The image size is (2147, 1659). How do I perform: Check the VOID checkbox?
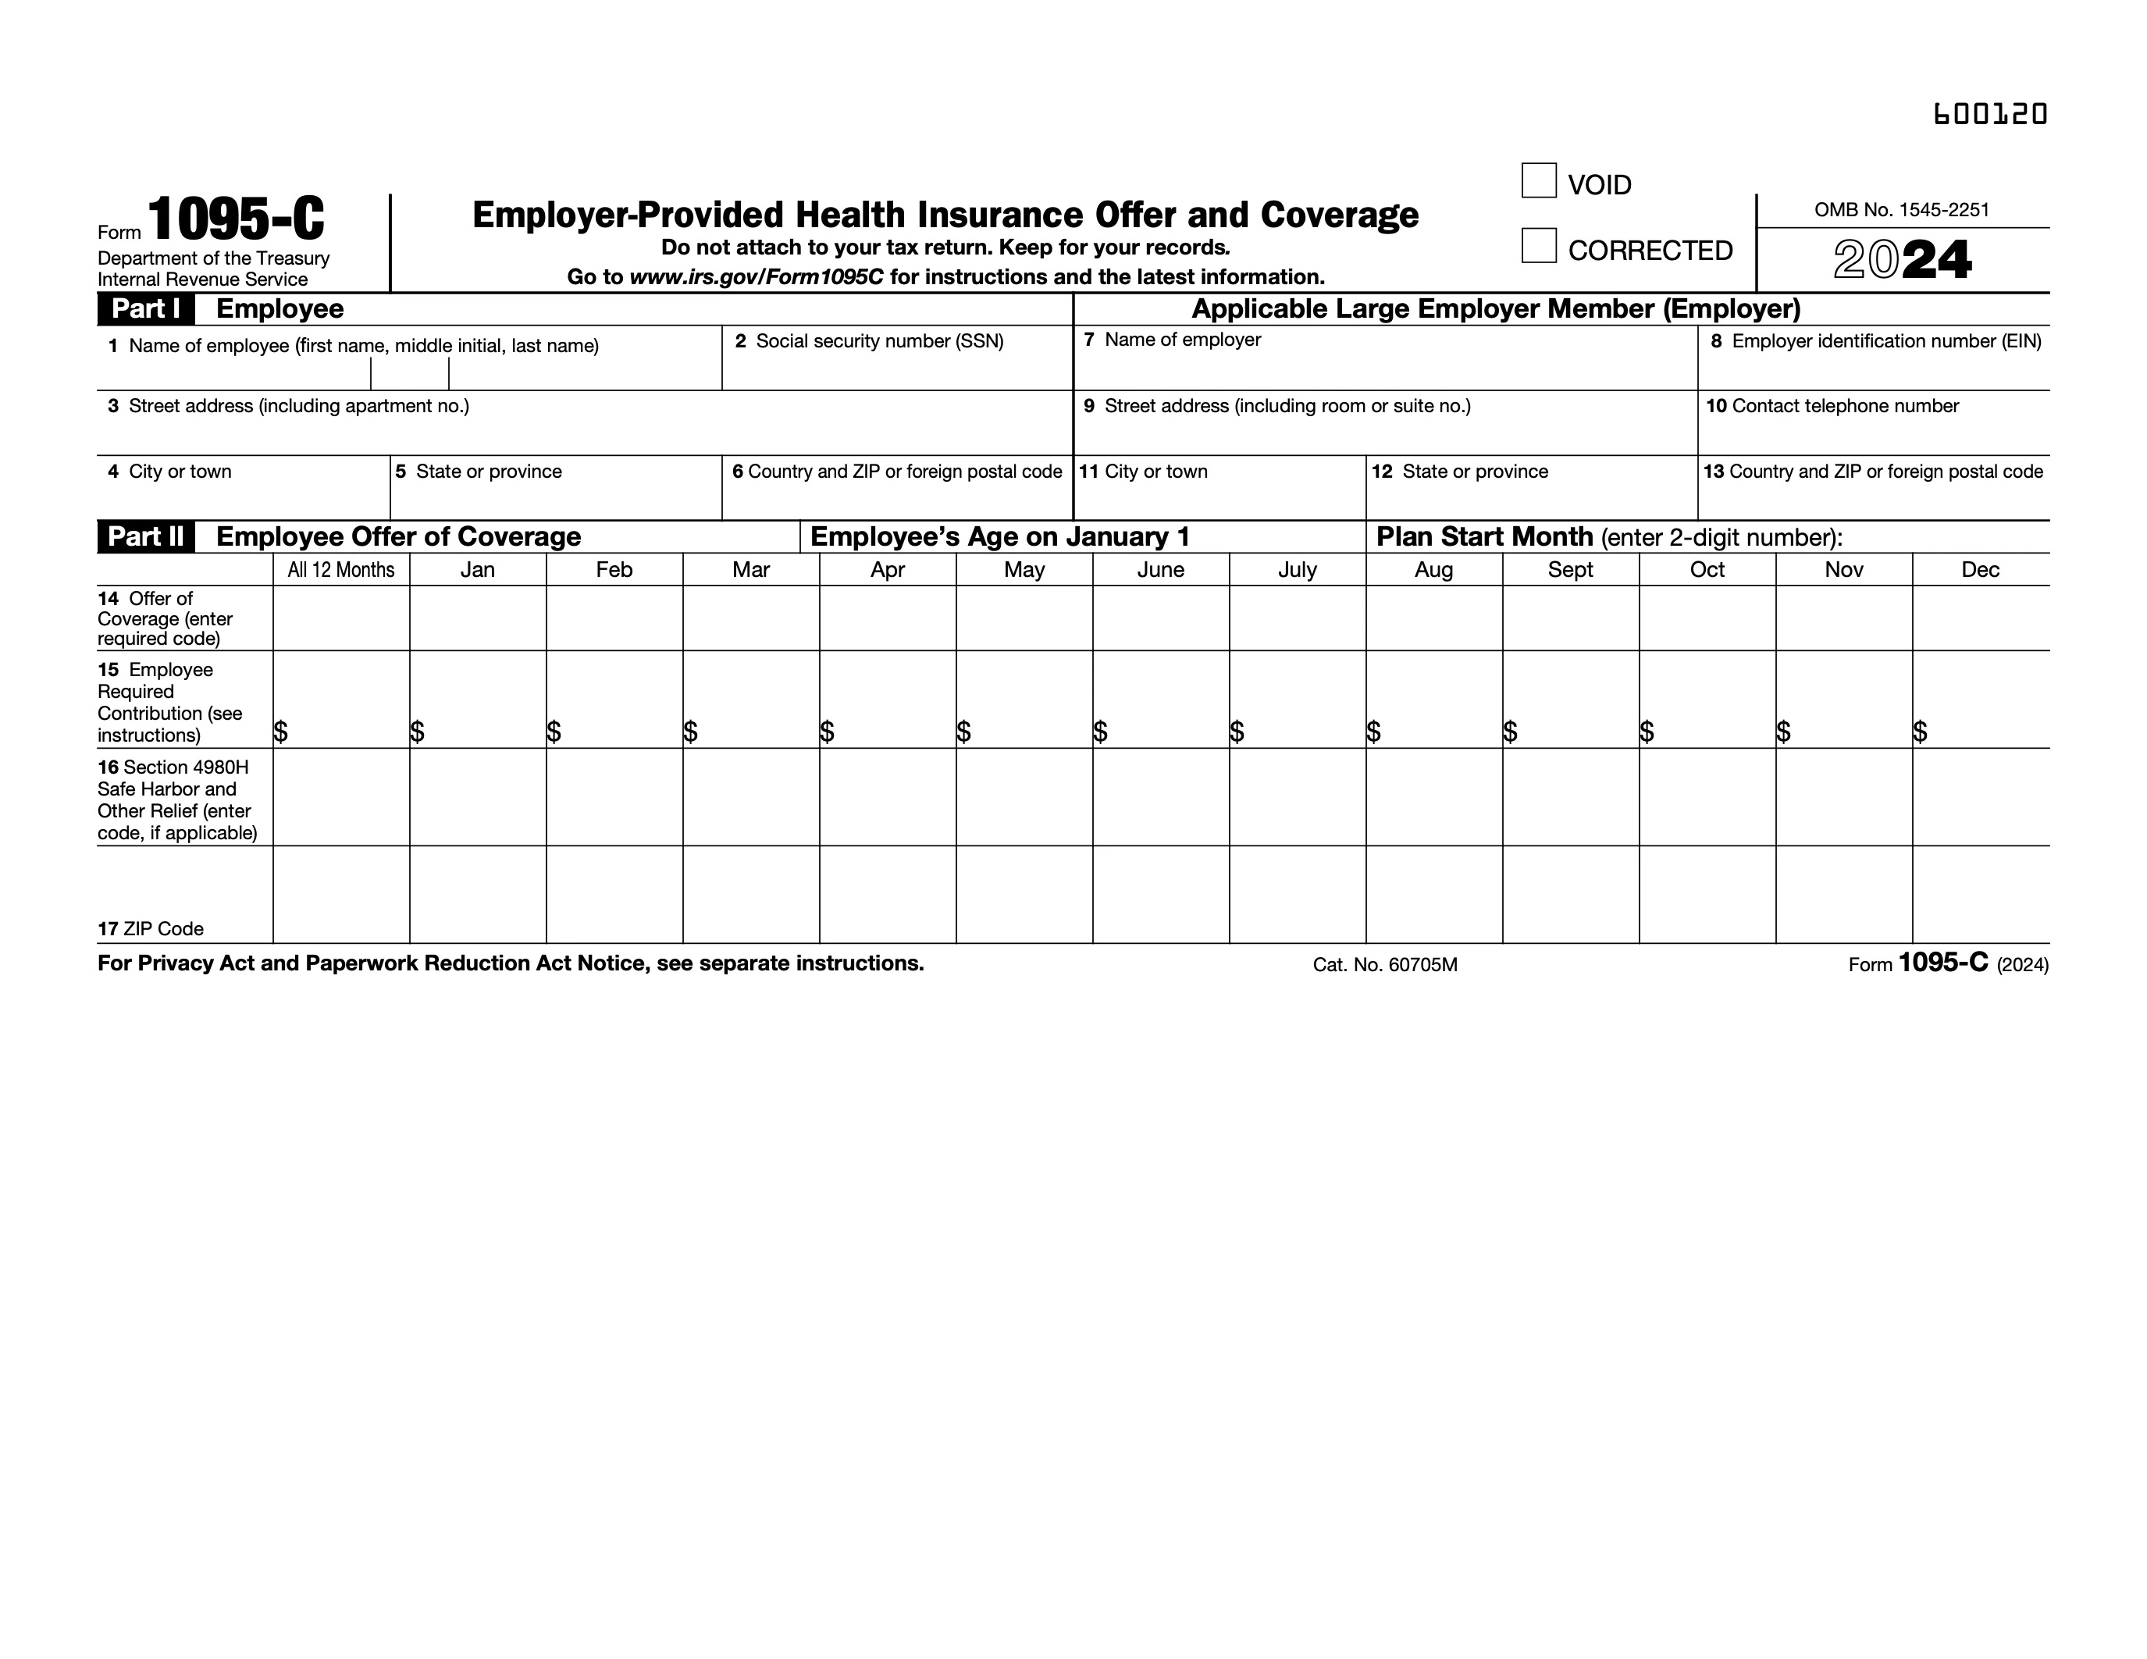coord(1539,181)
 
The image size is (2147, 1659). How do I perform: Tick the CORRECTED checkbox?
coord(1539,246)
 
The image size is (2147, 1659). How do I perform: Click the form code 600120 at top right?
coord(1990,114)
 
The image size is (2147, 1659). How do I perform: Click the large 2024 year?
coord(1902,261)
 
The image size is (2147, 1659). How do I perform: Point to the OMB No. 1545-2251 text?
coord(1901,209)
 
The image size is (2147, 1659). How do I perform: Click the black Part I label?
coord(145,308)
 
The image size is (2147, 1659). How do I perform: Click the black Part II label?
coord(145,536)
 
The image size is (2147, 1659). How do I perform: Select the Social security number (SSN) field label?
coord(879,341)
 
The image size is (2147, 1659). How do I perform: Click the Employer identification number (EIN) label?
coord(1885,341)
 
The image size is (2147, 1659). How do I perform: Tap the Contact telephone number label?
coord(1844,406)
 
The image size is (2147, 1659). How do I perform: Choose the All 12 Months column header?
coord(340,570)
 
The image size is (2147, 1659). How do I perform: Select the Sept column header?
coord(1570,570)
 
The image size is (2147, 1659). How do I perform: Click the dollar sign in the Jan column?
coord(418,732)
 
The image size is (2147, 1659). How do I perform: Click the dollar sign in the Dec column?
coord(1920,732)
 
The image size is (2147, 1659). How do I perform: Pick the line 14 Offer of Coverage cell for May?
coord(1024,618)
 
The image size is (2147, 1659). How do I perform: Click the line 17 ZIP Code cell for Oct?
coord(1707,895)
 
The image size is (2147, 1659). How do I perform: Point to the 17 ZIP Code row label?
coord(151,929)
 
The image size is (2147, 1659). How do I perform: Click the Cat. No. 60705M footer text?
coord(1384,965)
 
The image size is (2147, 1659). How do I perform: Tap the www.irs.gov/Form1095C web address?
coord(756,277)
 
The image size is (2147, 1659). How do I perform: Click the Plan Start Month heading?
coord(1483,536)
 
